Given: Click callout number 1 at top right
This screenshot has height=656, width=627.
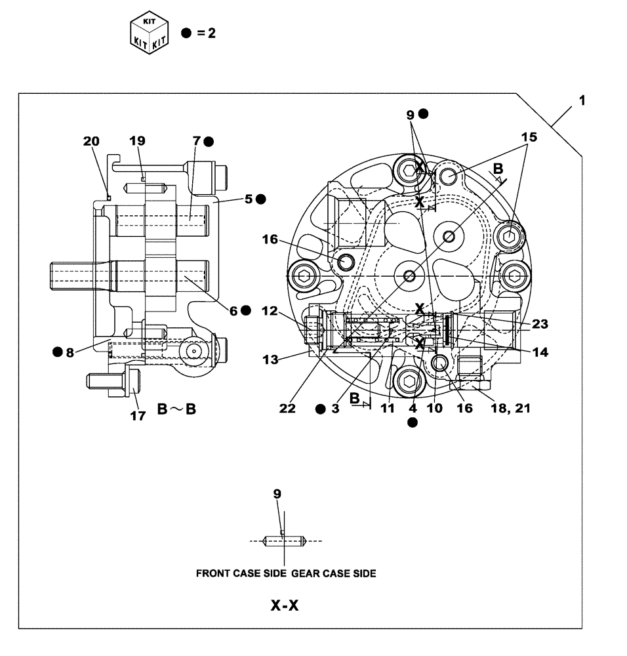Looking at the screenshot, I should [x=582, y=101].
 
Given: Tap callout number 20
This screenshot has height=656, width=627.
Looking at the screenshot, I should [x=91, y=141].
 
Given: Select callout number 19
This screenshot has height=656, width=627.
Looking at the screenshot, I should [x=137, y=141].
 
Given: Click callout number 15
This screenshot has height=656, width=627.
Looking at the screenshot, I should [x=529, y=137].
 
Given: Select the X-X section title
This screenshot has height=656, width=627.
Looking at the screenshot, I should [x=285, y=605].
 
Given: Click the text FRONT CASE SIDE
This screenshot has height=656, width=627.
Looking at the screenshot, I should [x=241, y=573].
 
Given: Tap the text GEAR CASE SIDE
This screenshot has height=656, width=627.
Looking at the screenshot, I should [x=334, y=573].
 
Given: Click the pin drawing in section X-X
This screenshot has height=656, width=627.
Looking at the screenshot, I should [x=285, y=541].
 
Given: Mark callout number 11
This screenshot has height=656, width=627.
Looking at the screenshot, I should [x=387, y=408].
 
